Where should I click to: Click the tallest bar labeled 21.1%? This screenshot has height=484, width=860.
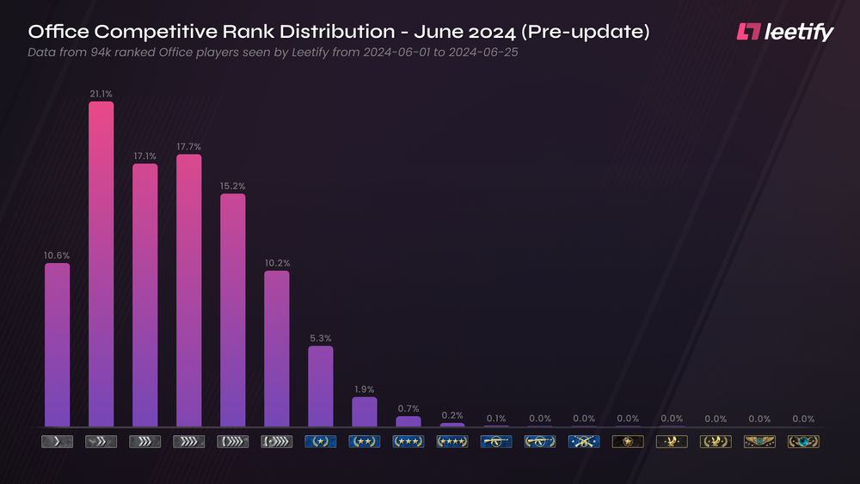101,263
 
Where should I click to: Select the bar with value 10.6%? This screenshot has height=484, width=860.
57,344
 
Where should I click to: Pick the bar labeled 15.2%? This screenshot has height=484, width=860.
232,309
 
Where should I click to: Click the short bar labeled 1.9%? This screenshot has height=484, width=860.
364,411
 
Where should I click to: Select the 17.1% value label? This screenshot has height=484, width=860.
144,156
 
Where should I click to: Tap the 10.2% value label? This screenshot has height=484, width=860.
276,263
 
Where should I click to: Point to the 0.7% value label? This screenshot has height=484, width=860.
408,408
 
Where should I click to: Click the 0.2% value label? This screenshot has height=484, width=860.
451,415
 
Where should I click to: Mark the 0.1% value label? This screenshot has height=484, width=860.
496,419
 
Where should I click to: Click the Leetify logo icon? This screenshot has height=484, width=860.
749,32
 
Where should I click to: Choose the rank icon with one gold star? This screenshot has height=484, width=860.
320,442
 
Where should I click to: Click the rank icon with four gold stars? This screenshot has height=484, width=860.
451,442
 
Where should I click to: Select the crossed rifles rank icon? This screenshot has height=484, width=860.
583,442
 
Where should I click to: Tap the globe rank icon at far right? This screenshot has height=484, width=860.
803,442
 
